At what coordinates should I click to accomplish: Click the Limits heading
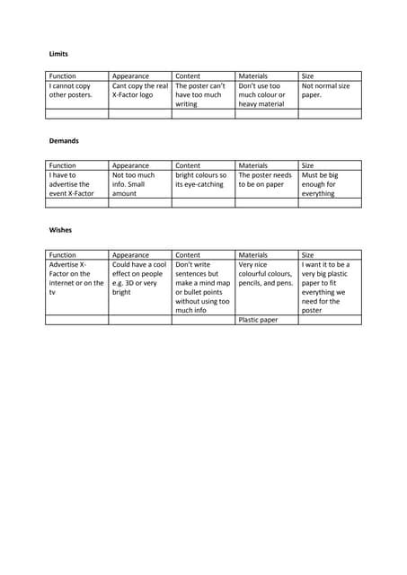click(x=58, y=54)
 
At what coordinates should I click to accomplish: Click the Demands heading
click(x=64, y=142)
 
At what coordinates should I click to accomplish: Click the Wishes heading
click(x=59, y=230)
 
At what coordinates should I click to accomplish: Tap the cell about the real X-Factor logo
click(x=139, y=90)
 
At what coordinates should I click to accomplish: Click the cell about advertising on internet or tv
click(x=76, y=279)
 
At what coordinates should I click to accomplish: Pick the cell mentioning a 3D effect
click(x=139, y=279)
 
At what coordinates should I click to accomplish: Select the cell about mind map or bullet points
click(x=202, y=287)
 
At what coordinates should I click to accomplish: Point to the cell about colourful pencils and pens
click(x=266, y=274)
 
